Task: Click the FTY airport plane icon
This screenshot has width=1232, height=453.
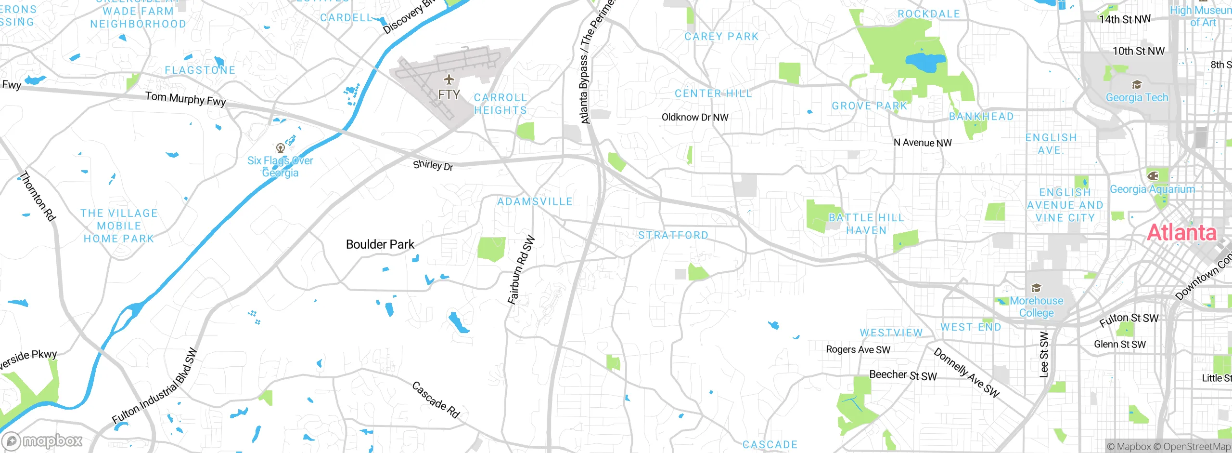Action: click(x=449, y=80)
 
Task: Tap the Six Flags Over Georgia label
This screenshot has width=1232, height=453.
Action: click(x=280, y=167)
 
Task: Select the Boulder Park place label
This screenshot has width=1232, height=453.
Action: click(x=380, y=244)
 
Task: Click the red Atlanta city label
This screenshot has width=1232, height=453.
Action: click(x=1181, y=233)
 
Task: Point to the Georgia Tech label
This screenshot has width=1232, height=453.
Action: click(x=1137, y=97)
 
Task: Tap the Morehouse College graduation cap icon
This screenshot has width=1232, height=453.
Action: click(x=1036, y=288)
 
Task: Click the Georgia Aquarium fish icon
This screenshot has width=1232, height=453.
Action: click(x=1153, y=175)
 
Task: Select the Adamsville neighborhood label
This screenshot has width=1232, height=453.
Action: click(x=535, y=201)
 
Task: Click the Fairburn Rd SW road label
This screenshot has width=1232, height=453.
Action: click(x=521, y=270)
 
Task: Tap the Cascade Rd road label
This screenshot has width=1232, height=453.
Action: click(x=436, y=400)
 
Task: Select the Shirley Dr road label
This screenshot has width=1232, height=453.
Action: click(x=433, y=165)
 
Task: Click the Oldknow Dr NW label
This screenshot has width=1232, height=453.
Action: click(x=694, y=117)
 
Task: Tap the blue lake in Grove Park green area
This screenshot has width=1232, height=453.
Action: click(x=925, y=62)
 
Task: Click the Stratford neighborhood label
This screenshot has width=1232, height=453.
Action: click(x=673, y=235)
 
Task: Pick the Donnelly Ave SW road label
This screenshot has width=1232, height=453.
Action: click(x=966, y=373)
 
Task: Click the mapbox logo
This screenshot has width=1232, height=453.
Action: click(x=42, y=441)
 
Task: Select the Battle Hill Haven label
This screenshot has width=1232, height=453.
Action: click(x=866, y=224)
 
